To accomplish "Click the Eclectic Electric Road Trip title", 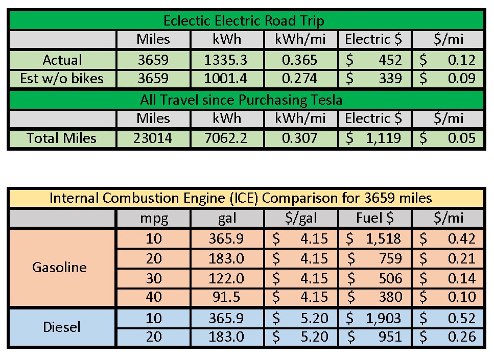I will [x=244, y=21].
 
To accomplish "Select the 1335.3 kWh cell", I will [x=226, y=60].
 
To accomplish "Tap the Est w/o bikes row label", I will [x=62, y=79].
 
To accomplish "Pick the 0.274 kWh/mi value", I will [x=300, y=79].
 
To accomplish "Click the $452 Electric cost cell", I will [x=374, y=60].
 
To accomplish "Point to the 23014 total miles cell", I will [x=153, y=138].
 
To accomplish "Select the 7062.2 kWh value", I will [x=226, y=138].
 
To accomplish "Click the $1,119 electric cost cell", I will [x=374, y=138].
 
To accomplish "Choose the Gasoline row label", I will [x=59, y=267].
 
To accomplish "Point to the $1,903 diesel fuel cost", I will [x=374, y=318].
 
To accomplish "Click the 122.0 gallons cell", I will [x=226, y=278].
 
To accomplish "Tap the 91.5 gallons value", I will [x=226, y=297].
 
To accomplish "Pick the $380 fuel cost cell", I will [x=374, y=297].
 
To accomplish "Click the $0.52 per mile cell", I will [x=448, y=318].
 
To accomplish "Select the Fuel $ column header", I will [x=375, y=219].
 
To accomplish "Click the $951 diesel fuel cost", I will [x=374, y=337].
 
